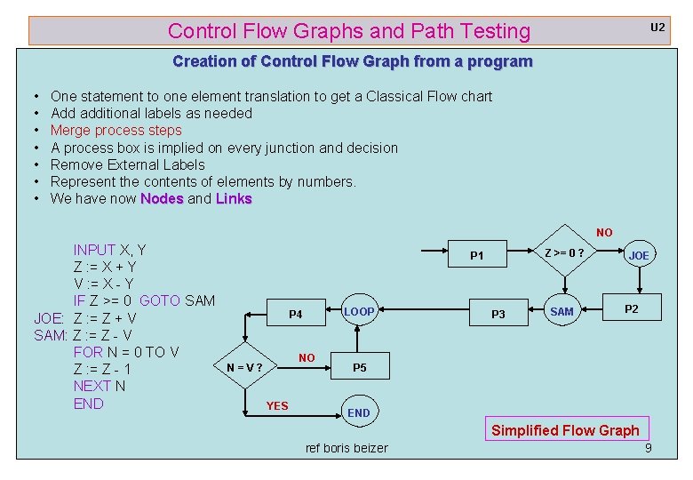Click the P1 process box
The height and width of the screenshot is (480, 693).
(477, 256)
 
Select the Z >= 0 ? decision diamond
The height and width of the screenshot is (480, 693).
(565, 252)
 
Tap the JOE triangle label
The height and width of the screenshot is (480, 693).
(639, 255)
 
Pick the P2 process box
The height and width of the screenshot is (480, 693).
(631, 309)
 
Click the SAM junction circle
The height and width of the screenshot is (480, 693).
(562, 312)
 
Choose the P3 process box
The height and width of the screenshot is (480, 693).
(498, 314)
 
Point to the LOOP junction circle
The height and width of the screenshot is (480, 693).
(359, 312)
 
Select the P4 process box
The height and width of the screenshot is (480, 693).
(296, 314)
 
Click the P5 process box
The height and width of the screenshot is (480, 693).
(359, 367)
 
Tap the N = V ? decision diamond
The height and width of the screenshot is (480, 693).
(243, 367)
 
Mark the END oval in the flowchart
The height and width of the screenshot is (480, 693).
(359, 412)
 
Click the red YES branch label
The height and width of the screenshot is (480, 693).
(277, 406)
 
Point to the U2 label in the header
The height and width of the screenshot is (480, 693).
(657, 28)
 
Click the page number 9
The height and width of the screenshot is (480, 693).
(648, 448)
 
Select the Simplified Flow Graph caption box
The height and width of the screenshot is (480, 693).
(565, 430)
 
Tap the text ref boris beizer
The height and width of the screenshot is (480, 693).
(346, 448)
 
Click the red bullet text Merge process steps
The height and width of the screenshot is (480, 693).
(115, 130)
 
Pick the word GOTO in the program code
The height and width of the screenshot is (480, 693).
(160, 300)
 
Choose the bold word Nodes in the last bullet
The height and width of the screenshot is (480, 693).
(162, 198)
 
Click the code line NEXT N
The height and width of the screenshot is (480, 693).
(100, 386)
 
